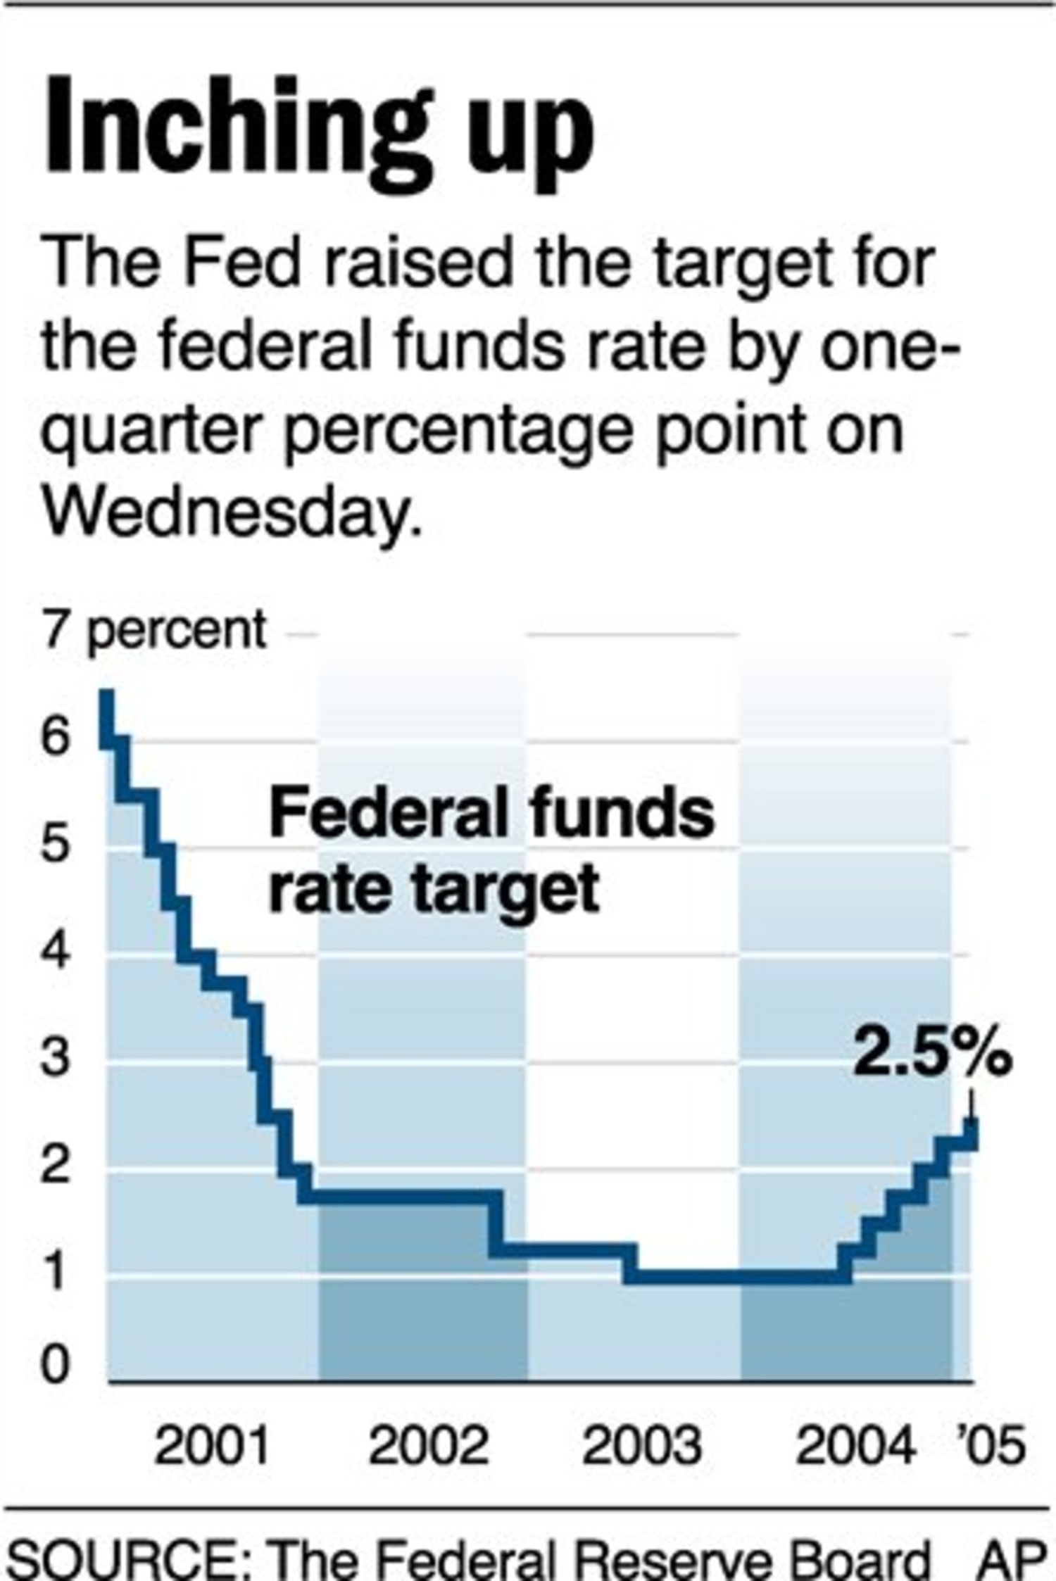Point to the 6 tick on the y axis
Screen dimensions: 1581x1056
coord(56,738)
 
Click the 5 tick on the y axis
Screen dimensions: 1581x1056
coord(56,845)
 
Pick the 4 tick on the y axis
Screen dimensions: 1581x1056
coord(56,952)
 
